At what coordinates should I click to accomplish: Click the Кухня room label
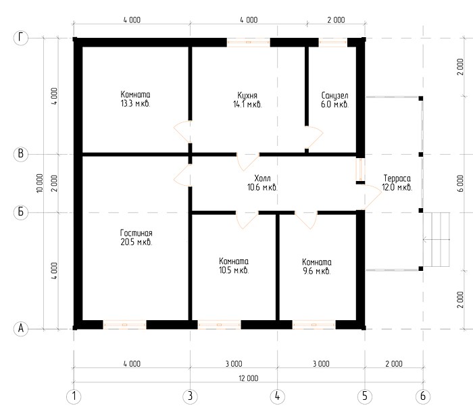point(247,96)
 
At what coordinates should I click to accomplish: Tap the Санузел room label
point(334,96)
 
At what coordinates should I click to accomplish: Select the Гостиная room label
point(136,233)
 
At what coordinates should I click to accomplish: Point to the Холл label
point(262,178)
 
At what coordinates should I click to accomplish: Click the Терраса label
point(397,178)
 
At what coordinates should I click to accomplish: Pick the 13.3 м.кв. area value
point(135,104)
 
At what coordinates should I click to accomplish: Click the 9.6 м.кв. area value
point(317,271)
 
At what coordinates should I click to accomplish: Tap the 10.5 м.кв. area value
point(234,270)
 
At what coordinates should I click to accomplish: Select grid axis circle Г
point(21,39)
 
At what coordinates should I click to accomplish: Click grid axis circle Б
point(21,212)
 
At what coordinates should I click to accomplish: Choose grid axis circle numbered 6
point(423,396)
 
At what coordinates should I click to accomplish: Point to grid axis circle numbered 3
point(190,396)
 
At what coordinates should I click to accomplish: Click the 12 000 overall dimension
point(249,378)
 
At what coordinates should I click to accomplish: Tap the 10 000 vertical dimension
point(39,183)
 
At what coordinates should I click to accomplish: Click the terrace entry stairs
point(437,239)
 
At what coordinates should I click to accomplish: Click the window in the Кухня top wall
point(248,43)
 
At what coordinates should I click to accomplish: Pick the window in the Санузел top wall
point(333,43)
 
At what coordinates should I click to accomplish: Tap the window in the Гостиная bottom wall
point(124,325)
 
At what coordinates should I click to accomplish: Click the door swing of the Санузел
point(314,137)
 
